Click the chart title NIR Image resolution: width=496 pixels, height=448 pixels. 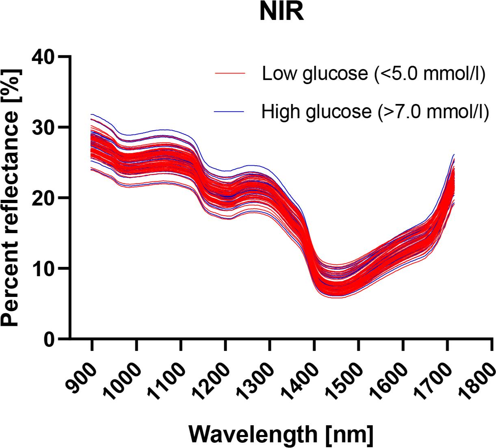pyautogui.click(x=281, y=13)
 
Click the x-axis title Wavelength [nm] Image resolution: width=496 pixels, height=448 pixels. pyautogui.click(x=280, y=434)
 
